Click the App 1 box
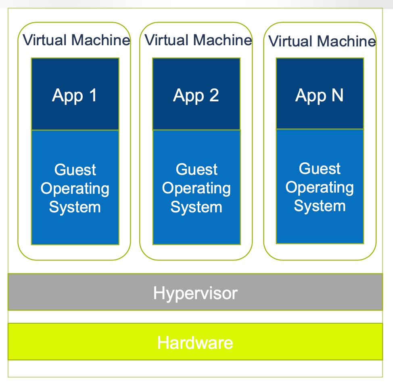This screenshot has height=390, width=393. click(75, 94)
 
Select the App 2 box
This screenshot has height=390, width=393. click(196, 94)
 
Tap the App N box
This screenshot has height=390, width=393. click(320, 94)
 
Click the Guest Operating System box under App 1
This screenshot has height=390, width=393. click(75, 187)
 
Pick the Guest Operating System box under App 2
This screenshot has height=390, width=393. click(196, 187)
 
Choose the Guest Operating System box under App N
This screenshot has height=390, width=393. click(320, 187)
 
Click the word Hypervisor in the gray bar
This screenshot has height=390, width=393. click(195, 293)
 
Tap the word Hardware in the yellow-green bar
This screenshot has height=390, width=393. click(195, 343)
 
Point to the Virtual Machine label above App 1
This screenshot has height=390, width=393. click(76, 40)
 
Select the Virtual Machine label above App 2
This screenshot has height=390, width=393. click(198, 40)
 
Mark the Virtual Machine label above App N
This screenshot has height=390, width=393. click(322, 41)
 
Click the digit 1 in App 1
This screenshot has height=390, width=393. click(92, 95)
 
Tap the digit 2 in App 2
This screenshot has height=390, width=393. click(213, 95)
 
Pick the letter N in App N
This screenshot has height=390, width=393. click(337, 95)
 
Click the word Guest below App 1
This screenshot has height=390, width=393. click(75, 170)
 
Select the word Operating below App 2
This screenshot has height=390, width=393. click(196, 189)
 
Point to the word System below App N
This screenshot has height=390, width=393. click(320, 206)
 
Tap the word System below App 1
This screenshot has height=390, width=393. click(75, 207)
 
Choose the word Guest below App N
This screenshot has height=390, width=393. click(320, 169)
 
